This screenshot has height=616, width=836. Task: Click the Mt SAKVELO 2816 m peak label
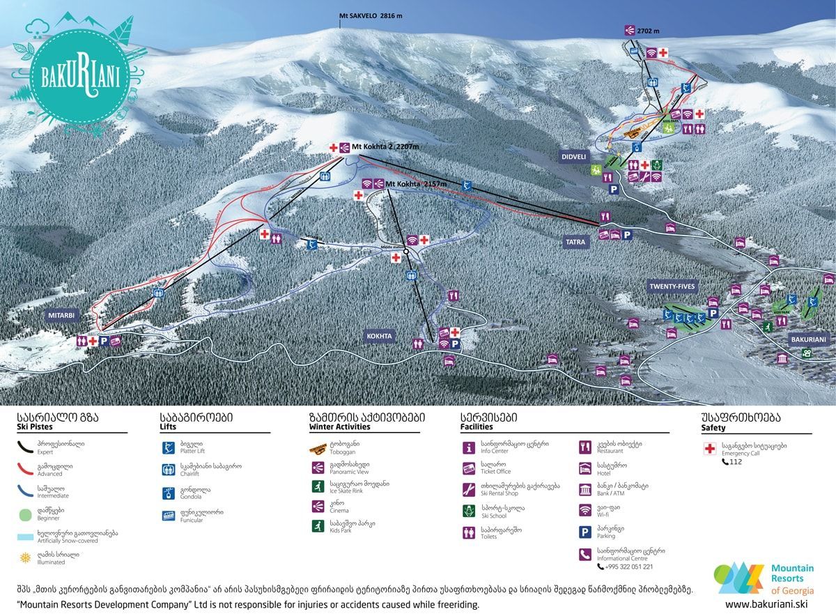point(371,15)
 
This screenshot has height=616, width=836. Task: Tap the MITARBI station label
point(61,315)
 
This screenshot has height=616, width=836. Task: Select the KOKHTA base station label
point(380,336)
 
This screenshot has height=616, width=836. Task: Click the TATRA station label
point(578,242)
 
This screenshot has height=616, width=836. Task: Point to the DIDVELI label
point(574,157)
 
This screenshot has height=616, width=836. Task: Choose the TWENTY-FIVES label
point(672,286)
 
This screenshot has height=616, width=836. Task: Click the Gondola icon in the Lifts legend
point(168,493)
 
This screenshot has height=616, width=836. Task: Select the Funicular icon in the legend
point(168,516)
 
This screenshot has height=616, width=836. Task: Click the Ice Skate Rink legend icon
point(318,486)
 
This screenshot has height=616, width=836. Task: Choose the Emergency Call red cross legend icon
point(709,449)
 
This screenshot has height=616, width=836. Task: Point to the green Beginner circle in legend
point(26,514)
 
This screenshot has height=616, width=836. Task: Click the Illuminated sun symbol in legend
point(26,558)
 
